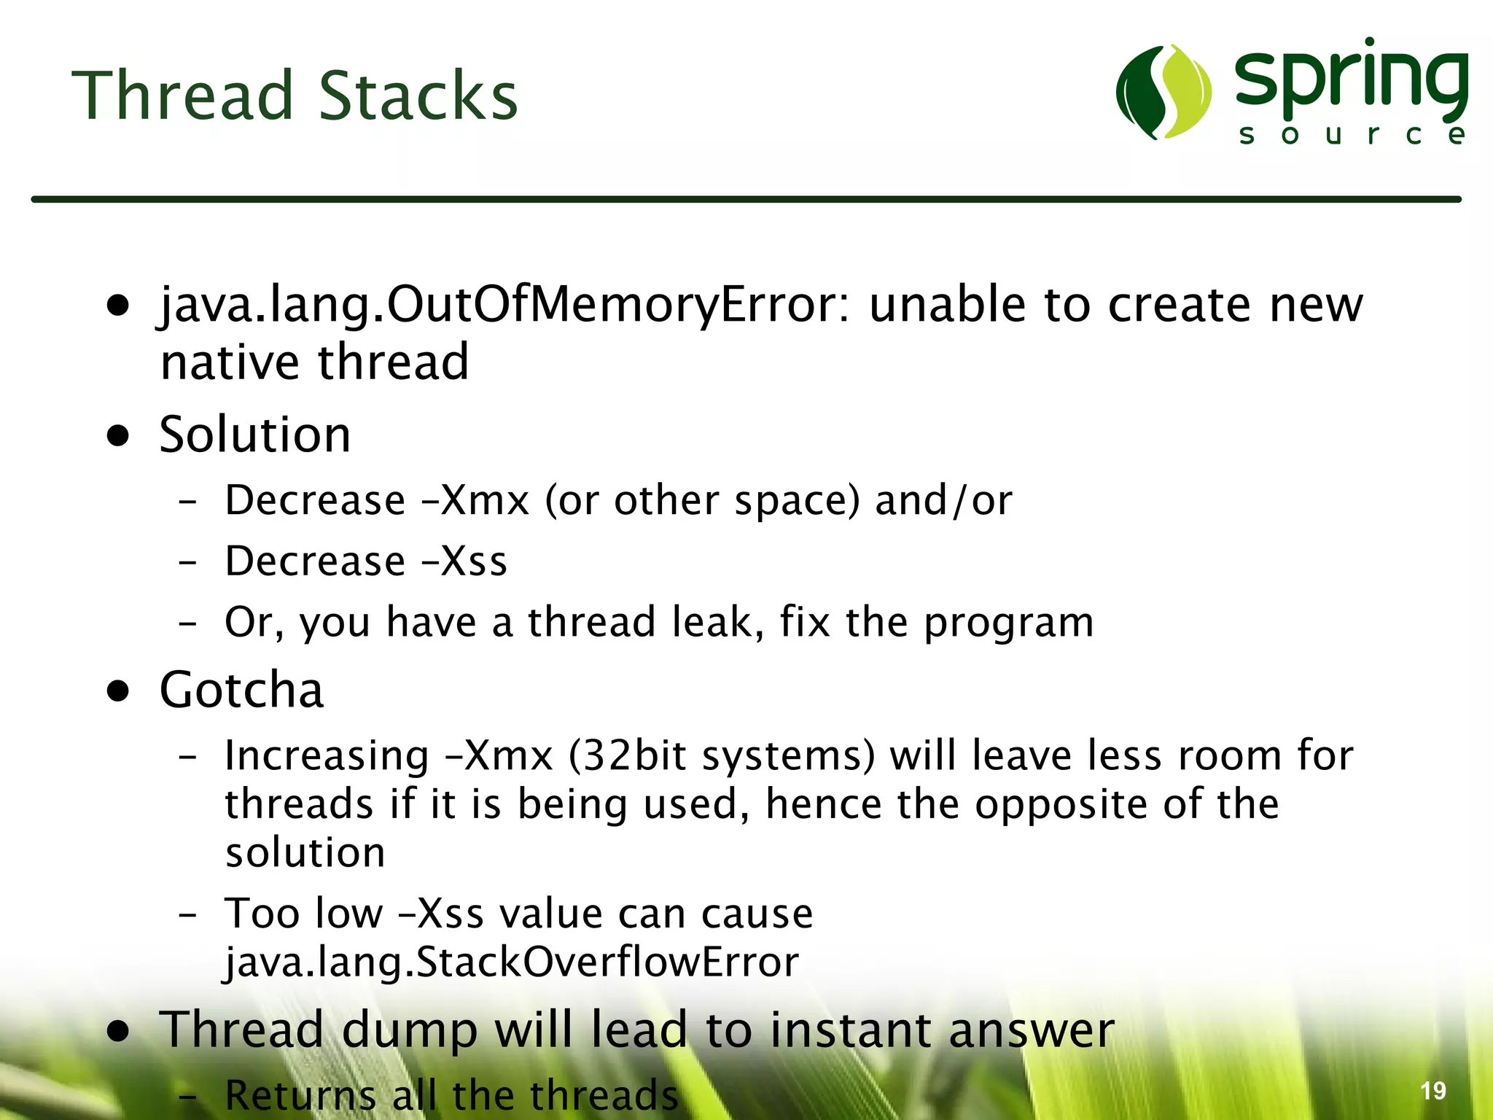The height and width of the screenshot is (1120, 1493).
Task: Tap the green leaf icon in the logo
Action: [x=1163, y=92]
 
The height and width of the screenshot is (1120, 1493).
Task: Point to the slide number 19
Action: [x=1432, y=1091]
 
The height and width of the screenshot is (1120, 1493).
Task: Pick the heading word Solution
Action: [x=255, y=435]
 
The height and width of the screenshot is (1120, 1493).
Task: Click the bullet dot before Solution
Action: [x=117, y=436]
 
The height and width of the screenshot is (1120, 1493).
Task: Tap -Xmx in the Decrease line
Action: [x=475, y=501]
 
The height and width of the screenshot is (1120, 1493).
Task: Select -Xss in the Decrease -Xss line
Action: [x=464, y=561]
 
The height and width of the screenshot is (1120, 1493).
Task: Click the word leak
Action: [x=718, y=622]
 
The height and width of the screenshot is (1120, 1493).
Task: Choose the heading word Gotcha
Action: [x=241, y=690]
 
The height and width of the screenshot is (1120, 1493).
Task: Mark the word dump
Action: [x=409, y=1030]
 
